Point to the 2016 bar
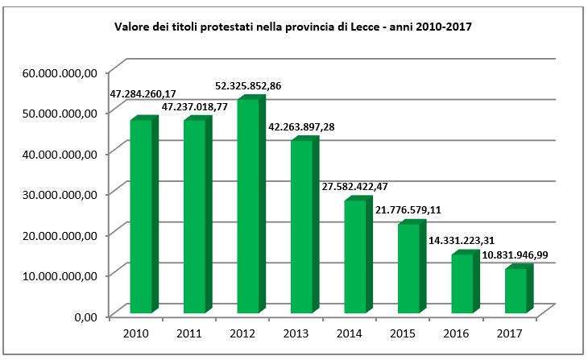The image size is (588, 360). tap(462, 283)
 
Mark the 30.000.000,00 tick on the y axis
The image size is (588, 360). tap(61, 193)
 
